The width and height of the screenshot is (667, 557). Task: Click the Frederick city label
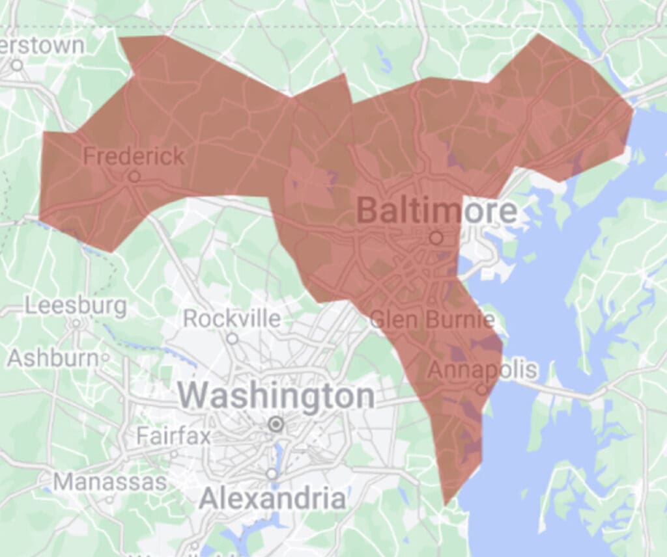click(134, 156)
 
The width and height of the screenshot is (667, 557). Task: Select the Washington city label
click(277, 396)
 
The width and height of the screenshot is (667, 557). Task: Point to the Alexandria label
click(272, 499)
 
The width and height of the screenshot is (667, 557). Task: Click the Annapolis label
click(483, 370)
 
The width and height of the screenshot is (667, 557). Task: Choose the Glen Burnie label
click(432, 319)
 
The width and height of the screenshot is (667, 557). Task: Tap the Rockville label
click(232, 319)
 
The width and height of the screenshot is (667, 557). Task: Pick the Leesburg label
click(76, 305)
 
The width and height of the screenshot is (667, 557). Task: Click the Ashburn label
click(55, 357)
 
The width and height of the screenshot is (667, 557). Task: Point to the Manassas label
click(110, 482)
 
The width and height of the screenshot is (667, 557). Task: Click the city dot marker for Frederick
click(134, 176)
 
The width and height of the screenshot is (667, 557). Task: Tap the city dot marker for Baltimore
click(436, 238)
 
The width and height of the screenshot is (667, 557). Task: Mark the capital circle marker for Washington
click(276, 425)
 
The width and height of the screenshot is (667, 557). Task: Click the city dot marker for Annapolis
click(481, 390)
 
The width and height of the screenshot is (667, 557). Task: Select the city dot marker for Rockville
click(232, 338)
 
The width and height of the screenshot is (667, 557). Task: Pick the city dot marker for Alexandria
click(272, 474)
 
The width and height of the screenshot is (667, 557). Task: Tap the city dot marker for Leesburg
click(76, 322)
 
